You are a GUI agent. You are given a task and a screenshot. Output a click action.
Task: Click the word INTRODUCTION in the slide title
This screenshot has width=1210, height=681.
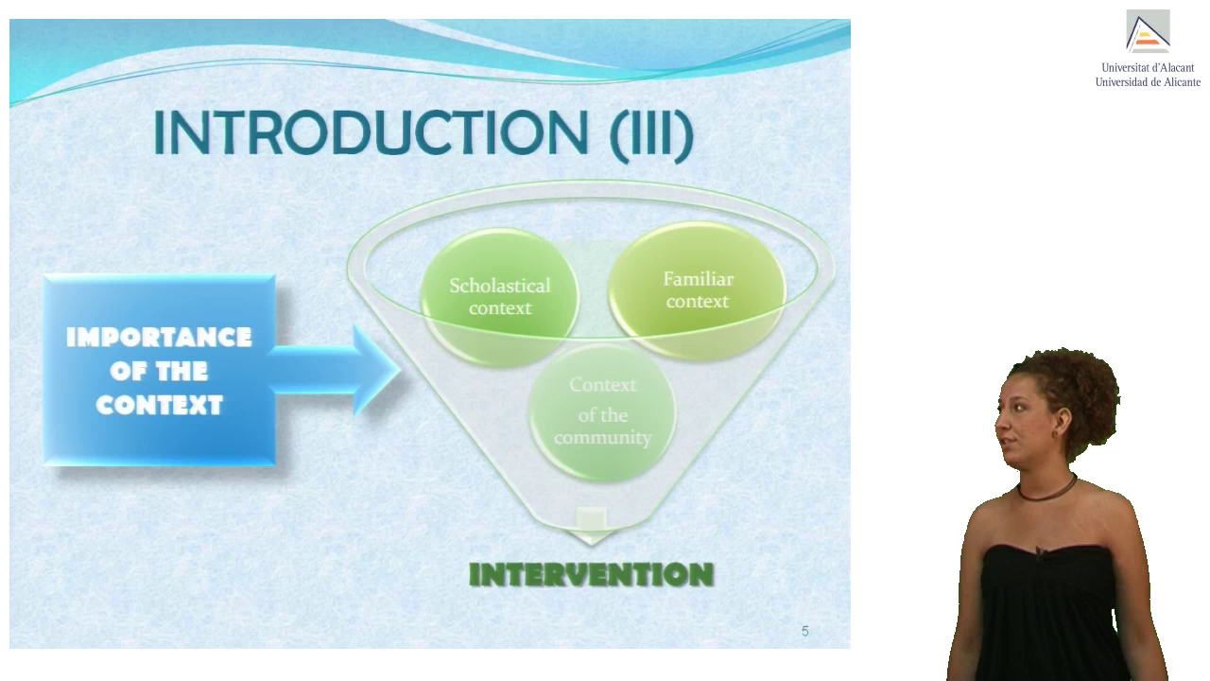(x=371, y=132)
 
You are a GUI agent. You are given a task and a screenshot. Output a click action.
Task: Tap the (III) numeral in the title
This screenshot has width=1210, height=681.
(x=651, y=135)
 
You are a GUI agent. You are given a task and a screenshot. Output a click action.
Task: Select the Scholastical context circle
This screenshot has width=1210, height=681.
(x=500, y=297)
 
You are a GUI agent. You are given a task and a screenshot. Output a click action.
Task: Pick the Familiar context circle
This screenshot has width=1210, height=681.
(x=698, y=290)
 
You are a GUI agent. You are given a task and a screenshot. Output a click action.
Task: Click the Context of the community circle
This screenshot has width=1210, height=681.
(x=602, y=411)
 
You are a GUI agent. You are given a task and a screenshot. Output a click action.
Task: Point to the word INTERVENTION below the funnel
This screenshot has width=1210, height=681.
(x=592, y=574)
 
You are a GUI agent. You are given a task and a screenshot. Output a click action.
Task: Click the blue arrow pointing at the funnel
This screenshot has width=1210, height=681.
(x=335, y=370)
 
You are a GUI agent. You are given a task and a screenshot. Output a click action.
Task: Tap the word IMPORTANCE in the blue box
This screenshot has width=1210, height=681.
(x=159, y=338)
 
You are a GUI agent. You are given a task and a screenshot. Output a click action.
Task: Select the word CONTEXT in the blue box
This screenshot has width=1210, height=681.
(x=160, y=406)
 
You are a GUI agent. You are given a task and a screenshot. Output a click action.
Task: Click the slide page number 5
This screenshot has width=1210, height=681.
(x=804, y=631)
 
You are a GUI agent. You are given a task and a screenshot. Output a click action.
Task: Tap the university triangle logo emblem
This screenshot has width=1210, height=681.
(x=1148, y=31)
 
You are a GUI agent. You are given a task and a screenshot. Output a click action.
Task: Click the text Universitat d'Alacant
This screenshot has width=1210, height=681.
(x=1148, y=67)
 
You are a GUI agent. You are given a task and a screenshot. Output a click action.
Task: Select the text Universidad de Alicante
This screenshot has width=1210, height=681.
(x=1148, y=82)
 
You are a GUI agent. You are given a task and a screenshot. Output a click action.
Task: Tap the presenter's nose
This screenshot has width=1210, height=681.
(x=999, y=421)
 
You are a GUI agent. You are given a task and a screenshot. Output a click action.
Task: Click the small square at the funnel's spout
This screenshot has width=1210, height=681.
(x=591, y=519)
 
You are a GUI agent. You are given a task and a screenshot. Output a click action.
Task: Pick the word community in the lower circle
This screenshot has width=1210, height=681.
(x=602, y=437)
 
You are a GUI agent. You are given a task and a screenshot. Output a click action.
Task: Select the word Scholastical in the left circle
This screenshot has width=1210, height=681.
(x=500, y=286)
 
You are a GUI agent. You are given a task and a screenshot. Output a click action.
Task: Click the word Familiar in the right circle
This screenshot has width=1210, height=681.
(x=698, y=279)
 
